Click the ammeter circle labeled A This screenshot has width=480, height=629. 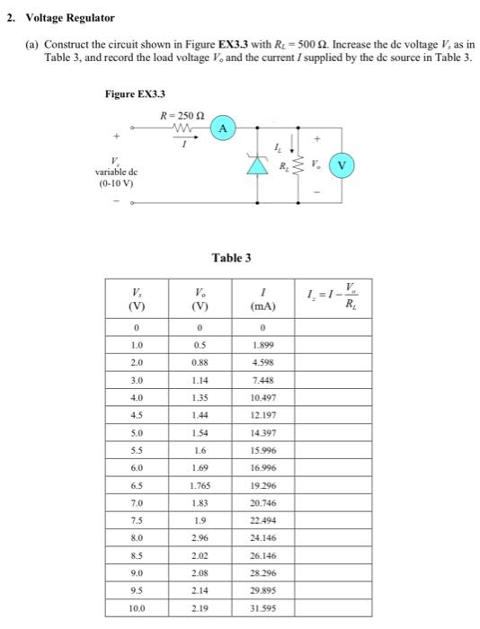[x=222, y=129]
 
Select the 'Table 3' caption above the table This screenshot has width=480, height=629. [x=231, y=258]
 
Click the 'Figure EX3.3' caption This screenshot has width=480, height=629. [x=135, y=93]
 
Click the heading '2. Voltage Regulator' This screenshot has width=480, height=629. [x=61, y=18]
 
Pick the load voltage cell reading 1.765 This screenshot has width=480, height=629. [x=201, y=484]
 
